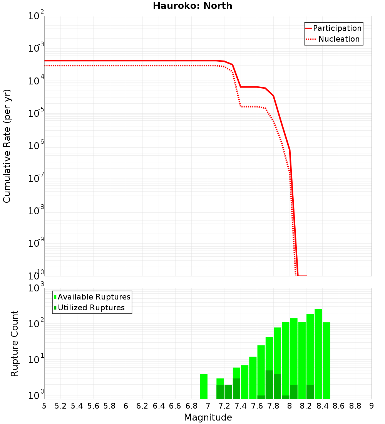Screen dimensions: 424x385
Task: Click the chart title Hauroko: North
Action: tap(192, 6)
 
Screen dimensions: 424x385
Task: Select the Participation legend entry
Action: tap(337, 28)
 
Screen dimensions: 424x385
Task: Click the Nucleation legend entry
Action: tap(338, 39)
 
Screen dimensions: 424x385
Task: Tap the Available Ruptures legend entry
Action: tap(94, 297)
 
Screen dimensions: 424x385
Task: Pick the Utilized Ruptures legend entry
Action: tap(91, 308)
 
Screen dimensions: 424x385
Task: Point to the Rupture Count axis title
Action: tap(15, 343)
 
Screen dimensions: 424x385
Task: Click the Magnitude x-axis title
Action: tap(208, 417)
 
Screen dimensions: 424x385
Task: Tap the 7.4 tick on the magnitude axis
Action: tap(241, 406)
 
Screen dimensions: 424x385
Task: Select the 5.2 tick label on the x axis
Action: tap(61, 406)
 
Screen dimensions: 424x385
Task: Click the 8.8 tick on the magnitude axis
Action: tap(355, 406)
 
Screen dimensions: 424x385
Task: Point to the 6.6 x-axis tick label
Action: tap(175, 406)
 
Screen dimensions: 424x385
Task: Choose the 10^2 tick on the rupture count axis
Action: tap(36, 324)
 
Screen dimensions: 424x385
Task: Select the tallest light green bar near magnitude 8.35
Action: tap(318, 354)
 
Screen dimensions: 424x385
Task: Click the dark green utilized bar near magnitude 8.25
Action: tap(310, 392)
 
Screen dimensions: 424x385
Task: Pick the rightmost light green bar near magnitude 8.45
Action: tap(326, 360)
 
